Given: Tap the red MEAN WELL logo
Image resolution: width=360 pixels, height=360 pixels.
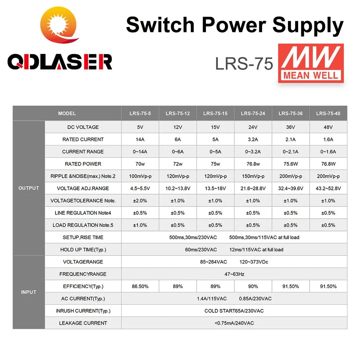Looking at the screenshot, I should (311, 63).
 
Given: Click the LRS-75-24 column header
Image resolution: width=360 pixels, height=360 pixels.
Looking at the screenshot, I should (253, 113).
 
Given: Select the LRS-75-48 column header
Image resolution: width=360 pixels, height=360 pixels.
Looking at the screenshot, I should (328, 113).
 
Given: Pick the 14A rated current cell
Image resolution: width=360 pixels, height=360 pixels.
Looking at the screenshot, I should (140, 139).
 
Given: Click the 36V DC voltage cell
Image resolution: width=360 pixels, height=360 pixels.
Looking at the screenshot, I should (290, 127).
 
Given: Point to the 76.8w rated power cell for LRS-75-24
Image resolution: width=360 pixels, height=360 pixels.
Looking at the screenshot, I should (253, 164).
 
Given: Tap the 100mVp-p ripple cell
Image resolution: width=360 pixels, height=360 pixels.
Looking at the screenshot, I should (140, 176).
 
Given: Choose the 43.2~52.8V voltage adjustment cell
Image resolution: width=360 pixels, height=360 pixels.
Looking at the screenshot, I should (328, 188).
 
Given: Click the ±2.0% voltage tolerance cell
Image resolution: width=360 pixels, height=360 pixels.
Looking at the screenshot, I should (140, 201).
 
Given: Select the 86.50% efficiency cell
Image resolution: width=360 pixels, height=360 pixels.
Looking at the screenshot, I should (140, 286).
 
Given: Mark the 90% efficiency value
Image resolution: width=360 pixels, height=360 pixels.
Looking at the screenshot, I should (253, 286).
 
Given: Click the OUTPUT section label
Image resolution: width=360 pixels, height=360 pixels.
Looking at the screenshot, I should (28, 188).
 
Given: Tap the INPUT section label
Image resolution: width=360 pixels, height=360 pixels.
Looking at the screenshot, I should (28, 292).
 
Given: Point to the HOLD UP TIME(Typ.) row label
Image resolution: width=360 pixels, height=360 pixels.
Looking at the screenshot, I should (83, 249).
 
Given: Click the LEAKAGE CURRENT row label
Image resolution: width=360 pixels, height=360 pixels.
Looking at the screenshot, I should (83, 323).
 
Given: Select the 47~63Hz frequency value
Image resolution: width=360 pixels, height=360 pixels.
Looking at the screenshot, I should (234, 274).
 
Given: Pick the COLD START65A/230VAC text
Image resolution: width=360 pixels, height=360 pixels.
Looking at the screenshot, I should (234, 311).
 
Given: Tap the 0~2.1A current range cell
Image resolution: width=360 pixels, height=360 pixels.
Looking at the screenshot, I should (290, 152).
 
